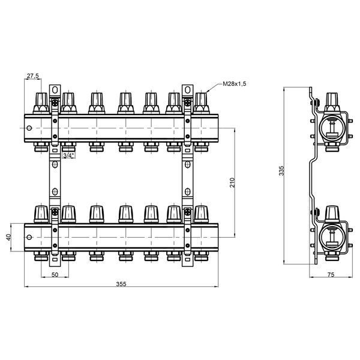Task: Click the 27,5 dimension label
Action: coord(33,76)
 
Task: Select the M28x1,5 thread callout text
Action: coord(234,84)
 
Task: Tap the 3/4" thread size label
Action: coord(69,155)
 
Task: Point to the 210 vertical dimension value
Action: coord(232,182)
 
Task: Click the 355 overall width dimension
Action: coord(121,284)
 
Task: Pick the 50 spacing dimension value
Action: coord(55,275)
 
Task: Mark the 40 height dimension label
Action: coord(8,237)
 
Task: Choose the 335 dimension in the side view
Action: coord(281,171)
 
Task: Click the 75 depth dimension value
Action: coord(331,275)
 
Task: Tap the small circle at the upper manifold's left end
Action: coord(29,128)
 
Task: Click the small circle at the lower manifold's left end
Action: coord(29,237)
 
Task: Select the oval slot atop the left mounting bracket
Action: coord(55,90)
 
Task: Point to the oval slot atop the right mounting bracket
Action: coord(188,90)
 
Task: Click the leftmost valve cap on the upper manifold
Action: coord(41,103)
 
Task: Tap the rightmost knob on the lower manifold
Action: coord(202,214)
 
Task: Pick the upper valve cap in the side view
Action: coord(332,102)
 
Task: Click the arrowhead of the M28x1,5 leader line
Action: coord(207,92)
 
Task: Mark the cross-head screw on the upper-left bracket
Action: coord(55,103)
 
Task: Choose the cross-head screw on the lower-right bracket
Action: coord(188,212)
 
